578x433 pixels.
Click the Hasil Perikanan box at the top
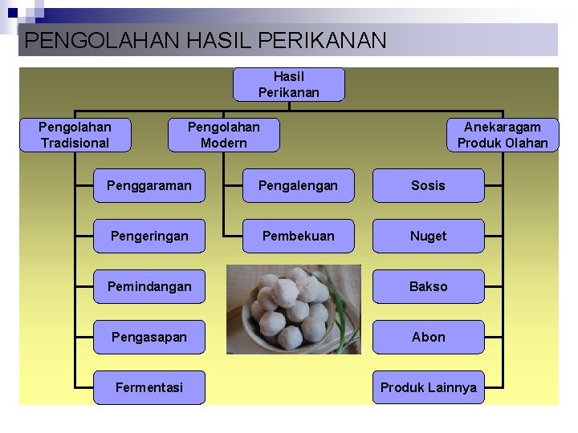tap(289, 85)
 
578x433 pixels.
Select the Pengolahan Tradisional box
tap(75, 135)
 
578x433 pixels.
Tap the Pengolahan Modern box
tap(224, 135)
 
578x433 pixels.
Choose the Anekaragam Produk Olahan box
tap(503, 135)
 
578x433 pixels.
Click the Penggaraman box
tap(149, 185)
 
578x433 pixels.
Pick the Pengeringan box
tap(149, 236)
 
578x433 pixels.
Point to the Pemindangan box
tap(149, 286)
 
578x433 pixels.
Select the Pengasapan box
tap(149, 337)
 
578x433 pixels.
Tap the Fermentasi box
tap(149, 387)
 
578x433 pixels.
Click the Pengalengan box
tap(298, 185)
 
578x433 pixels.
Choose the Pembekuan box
tap(298, 236)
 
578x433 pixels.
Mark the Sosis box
tap(428, 185)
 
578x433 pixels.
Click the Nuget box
tap(428, 236)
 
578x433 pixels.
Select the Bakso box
tap(428, 286)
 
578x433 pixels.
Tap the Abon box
tap(428, 337)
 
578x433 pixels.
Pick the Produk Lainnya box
tap(428, 387)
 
